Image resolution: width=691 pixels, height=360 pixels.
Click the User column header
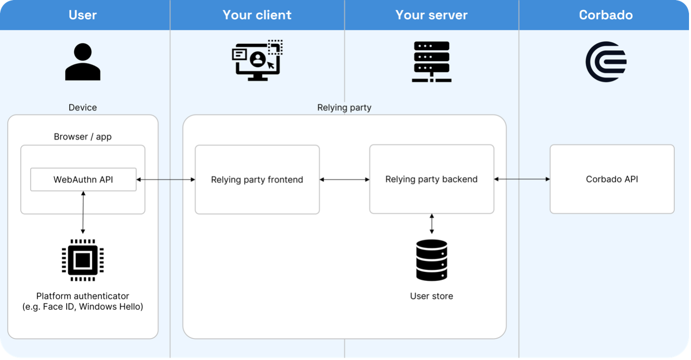(83, 15)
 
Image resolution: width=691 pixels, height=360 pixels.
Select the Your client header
(257, 15)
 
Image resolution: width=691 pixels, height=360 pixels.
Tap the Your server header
(432, 15)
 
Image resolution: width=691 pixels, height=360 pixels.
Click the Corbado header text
(605, 15)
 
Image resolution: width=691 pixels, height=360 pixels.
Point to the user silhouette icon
(83, 62)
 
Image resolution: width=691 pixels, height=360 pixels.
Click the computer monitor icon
(257, 61)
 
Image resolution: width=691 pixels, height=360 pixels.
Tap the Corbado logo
(605, 62)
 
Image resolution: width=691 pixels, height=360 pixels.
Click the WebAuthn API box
(83, 180)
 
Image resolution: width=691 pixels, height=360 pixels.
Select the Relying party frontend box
(257, 180)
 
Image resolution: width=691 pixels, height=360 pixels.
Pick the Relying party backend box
(432, 179)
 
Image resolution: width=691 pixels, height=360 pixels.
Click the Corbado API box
(612, 179)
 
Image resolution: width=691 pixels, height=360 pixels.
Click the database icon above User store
(432, 260)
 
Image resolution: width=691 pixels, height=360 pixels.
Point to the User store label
(432, 296)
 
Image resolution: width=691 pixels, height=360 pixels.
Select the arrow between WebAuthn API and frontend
(166, 180)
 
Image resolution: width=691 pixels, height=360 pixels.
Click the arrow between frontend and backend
(345, 180)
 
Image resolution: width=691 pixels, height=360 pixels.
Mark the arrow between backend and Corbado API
(522, 179)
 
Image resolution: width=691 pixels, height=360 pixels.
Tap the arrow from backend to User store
(432, 224)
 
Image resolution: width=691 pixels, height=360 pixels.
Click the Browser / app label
(83, 137)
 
